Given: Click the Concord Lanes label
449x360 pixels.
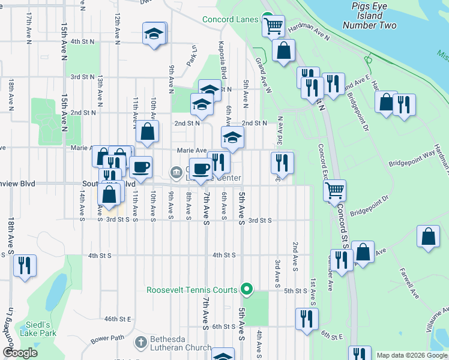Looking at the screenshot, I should pos(231,20).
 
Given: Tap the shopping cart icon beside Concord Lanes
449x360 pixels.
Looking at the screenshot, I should pos(274,26).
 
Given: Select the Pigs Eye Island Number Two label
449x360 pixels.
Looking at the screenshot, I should pos(370,16).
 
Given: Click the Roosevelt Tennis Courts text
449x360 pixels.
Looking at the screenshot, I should pos(192,290).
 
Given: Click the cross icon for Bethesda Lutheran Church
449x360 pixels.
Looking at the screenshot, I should pos(140,343).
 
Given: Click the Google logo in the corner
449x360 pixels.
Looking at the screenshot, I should pos(20,353).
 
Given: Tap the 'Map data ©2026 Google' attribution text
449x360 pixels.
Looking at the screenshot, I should pos(412,355).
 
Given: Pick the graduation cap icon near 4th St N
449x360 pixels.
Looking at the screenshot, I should pos(154,34).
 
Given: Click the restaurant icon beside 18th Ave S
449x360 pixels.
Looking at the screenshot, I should pos(25,265).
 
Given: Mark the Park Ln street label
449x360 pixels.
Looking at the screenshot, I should pos(192,58).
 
